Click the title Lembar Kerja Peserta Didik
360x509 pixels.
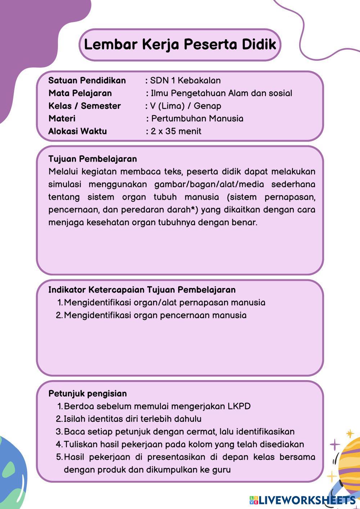click(x=180, y=45)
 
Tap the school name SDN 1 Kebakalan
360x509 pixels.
click(x=185, y=80)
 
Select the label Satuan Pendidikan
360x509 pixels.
click(x=87, y=80)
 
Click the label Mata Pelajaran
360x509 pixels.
click(x=80, y=93)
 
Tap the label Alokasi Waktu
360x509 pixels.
click(x=77, y=131)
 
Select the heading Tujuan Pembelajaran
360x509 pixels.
click(x=93, y=159)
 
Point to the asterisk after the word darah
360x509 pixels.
click(x=193, y=208)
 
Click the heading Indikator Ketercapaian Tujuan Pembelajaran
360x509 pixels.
click(x=142, y=290)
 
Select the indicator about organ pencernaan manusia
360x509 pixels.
click(x=155, y=315)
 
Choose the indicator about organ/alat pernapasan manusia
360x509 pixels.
click(x=164, y=302)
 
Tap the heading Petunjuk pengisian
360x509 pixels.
click(x=87, y=393)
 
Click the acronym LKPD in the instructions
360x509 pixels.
click(x=239, y=406)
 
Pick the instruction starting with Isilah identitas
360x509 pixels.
click(x=132, y=419)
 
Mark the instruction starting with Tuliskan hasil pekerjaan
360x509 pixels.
click(x=184, y=444)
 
